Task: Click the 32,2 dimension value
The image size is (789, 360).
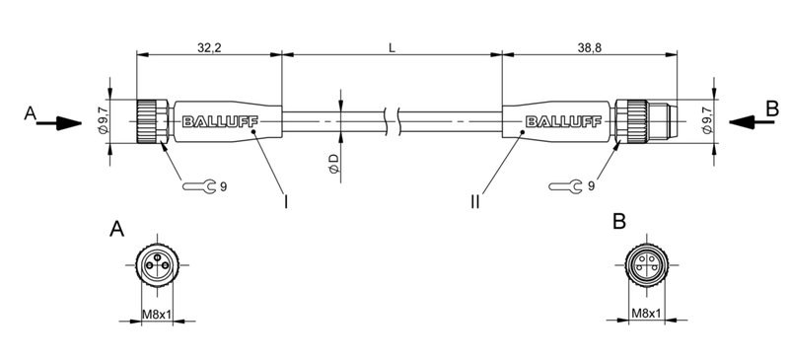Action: tap(208, 46)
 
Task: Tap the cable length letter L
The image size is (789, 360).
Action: tap(393, 46)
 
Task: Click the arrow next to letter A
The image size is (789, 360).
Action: tap(62, 123)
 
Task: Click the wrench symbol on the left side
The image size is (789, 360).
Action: tap(198, 185)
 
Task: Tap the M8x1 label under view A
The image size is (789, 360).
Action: tap(157, 315)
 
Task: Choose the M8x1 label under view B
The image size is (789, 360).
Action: tap(646, 315)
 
